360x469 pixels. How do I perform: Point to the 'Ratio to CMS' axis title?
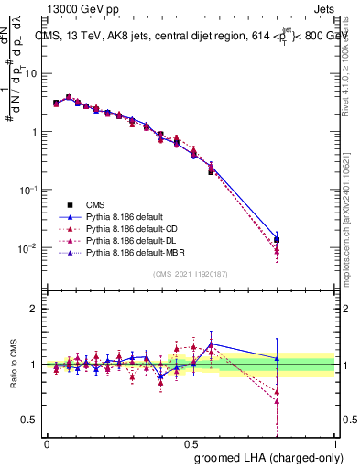pyautogui.click(x=13, y=365)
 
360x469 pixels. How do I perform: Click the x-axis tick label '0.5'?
pyautogui.click(x=191, y=442)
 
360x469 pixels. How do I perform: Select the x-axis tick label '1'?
pyautogui.click(x=336, y=442)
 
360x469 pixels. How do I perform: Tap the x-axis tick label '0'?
pyautogui.click(x=47, y=442)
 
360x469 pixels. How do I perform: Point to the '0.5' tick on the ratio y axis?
pyautogui.click(x=29, y=420)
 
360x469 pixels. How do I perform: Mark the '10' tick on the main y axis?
pyautogui.click(x=31, y=72)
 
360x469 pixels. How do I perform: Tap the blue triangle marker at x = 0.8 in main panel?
pyautogui.click(x=278, y=238)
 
